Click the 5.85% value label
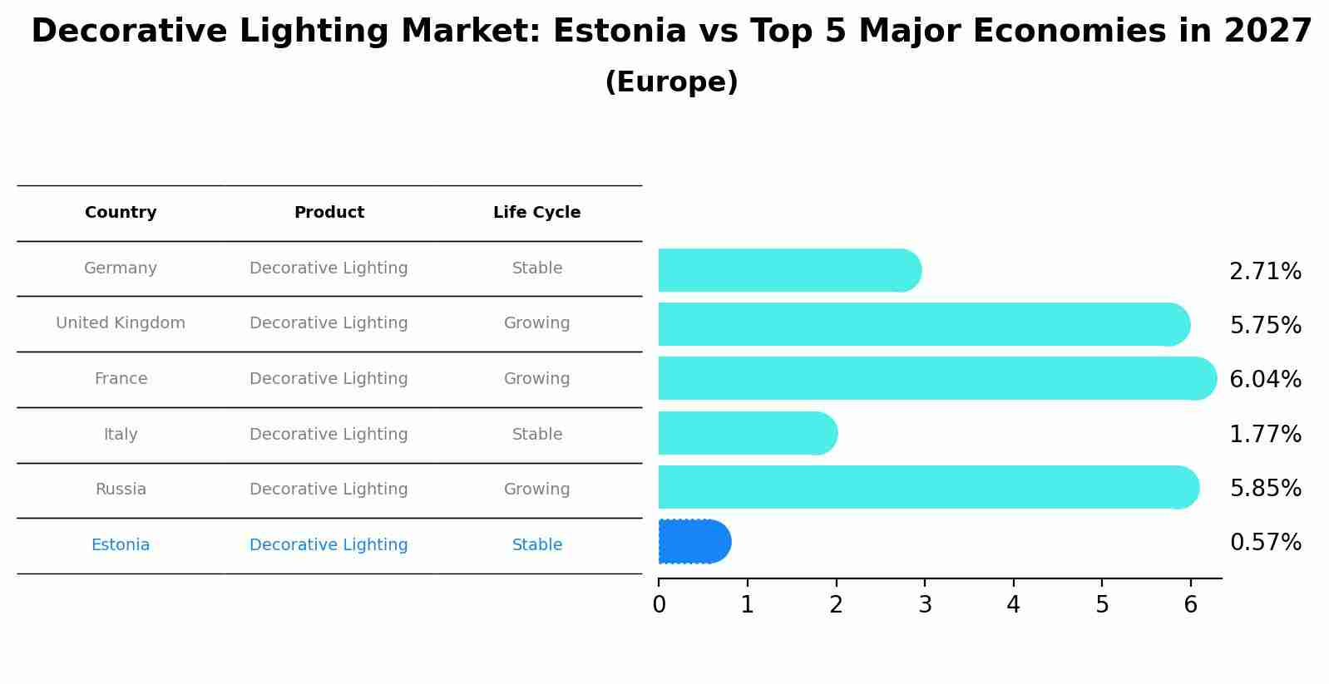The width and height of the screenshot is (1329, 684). pyautogui.click(x=1265, y=488)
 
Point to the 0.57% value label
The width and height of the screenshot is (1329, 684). pyautogui.click(x=1265, y=543)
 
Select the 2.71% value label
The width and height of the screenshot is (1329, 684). pyautogui.click(x=1265, y=272)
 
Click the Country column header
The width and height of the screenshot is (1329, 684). pyautogui.click(x=121, y=213)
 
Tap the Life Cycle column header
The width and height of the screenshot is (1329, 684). pyautogui.click(x=536, y=213)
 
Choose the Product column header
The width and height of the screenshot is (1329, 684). pyautogui.click(x=329, y=213)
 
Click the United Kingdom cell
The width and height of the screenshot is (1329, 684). pyautogui.click(x=121, y=323)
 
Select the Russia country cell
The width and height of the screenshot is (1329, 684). pyautogui.click(x=121, y=490)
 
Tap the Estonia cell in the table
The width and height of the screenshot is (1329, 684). pyautogui.click(x=121, y=545)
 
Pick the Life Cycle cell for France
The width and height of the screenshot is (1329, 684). pyautogui.click(x=536, y=379)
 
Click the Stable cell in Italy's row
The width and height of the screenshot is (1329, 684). pyautogui.click(x=536, y=435)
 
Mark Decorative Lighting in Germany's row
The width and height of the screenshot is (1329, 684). pyautogui.click(x=329, y=268)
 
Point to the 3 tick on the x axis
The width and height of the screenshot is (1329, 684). pyautogui.click(x=925, y=605)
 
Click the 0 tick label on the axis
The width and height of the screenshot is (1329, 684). pyautogui.click(x=659, y=605)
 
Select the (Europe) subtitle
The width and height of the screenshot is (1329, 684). pyautogui.click(x=671, y=82)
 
